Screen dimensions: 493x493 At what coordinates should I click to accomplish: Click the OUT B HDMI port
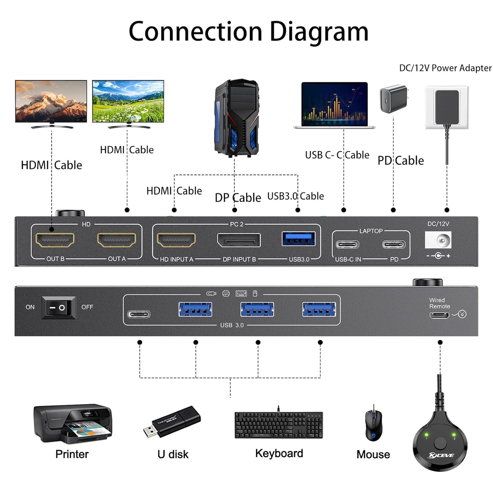pyautogui.click(x=55, y=240)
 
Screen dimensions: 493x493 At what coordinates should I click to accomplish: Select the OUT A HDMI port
pyautogui.click(x=117, y=240)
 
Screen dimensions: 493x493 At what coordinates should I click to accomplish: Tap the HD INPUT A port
pyautogui.click(x=176, y=240)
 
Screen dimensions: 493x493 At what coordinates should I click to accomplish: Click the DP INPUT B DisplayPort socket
pyautogui.click(x=239, y=240)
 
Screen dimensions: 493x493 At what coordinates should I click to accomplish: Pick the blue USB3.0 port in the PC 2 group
pyautogui.click(x=298, y=239)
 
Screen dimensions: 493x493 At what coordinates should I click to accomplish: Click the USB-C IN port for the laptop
pyautogui.click(x=347, y=245)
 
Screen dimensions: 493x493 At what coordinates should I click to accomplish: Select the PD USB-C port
pyautogui.click(x=394, y=245)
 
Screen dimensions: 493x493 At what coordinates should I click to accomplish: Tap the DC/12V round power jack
pyautogui.click(x=441, y=241)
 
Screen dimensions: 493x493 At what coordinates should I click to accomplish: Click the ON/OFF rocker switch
pyautogui.click(x=58, y=307)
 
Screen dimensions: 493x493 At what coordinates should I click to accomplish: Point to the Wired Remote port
pyautogui.click(x=439, y=315)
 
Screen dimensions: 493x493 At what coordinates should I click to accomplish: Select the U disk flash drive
pyautogui.click(x=172, y=422)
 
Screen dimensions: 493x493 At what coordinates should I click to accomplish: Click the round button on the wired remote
pyautogui.click(x=440, y=444)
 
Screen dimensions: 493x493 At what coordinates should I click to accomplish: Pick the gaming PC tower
pyautogui.click(x=236, y=118)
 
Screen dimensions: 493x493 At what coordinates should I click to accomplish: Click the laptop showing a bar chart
pyautogui.click(x=334, y=105)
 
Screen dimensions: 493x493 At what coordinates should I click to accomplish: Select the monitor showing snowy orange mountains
pyautogui.click(x=51, y=101)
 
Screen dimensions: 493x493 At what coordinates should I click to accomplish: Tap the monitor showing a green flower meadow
pyautogui.click(x=128, y=101)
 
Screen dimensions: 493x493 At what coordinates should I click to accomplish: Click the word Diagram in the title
pyautogui.click(x=319, y=31)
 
